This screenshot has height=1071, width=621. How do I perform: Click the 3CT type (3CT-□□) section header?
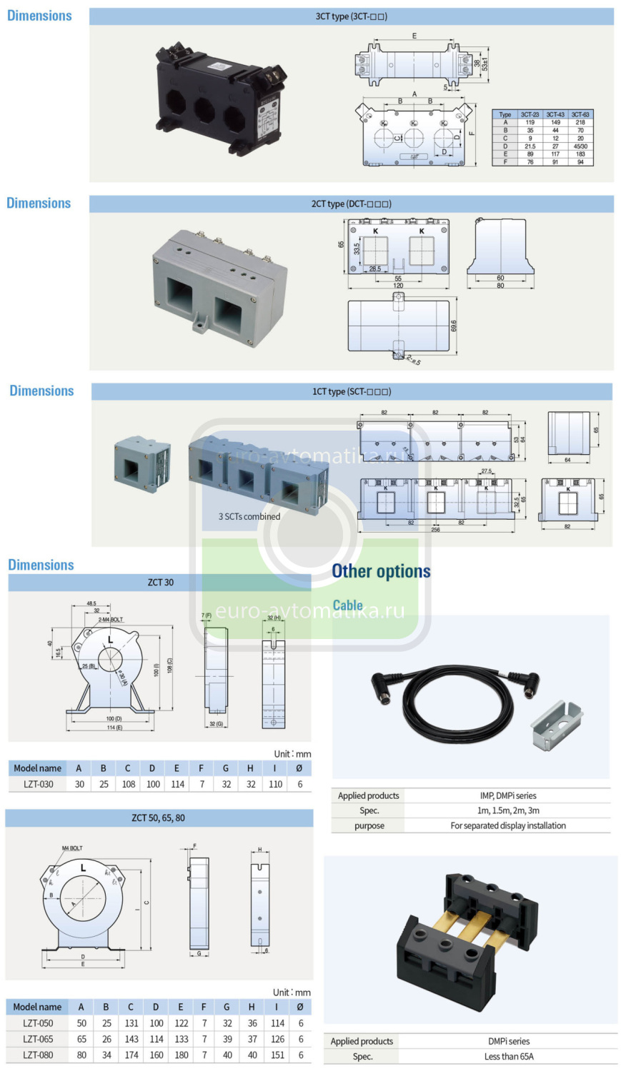(x=351, y=16)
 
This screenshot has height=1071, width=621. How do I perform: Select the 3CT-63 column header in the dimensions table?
(x=580, y=114)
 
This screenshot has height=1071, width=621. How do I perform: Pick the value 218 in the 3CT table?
(x=580, y=122)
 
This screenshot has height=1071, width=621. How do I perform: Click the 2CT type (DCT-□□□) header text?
(x=351, y=204)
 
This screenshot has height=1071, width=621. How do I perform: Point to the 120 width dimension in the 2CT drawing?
(x=398, y=286)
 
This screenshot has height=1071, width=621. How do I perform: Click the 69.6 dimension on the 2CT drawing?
(x=454, y=326)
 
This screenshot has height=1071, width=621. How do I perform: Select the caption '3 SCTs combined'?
(x=249, y=516)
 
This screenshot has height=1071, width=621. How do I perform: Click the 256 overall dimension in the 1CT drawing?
(x=435, y=530)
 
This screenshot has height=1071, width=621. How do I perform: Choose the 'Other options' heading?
(x=381, y=571)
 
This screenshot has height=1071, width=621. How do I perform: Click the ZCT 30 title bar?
(x=160, y=583)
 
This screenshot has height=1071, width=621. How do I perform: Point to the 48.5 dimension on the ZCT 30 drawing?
(x=91, y=603)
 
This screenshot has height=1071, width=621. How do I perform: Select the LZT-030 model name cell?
(x=38, y=784)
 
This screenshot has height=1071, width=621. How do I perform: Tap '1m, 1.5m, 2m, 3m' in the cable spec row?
(x=508, y=810)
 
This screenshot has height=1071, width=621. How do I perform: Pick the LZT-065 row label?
(x=38, y=1039)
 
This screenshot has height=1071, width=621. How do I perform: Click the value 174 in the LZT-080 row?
(x=131, y=1055)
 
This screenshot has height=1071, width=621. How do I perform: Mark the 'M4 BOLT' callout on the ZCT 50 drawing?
(x=71, y=848)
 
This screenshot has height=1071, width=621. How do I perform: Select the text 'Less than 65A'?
(x=508, y=1057)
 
